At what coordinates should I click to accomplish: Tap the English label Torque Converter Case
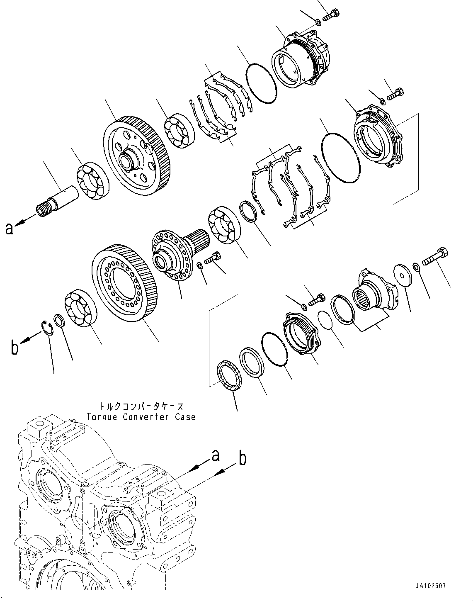point(141,417)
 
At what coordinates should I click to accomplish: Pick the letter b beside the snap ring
point(15,347)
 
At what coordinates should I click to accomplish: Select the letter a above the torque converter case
point(216,456)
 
